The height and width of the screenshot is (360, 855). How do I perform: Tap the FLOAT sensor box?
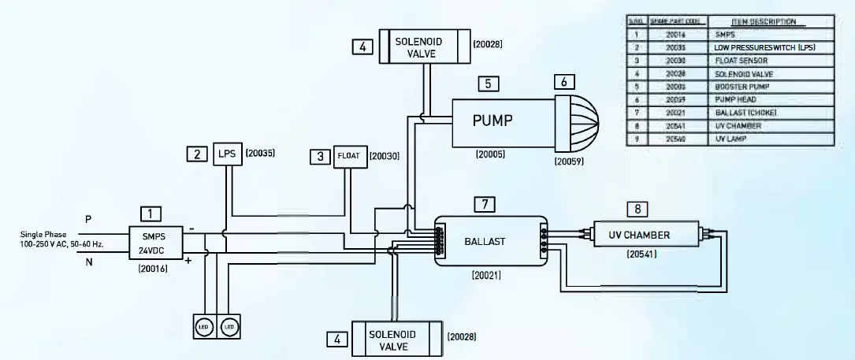349,156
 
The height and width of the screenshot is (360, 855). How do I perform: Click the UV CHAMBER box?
639,235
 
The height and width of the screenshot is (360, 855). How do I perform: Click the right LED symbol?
229,326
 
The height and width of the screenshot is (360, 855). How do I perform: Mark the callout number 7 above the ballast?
485,204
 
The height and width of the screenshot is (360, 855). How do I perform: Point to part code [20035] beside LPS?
260,154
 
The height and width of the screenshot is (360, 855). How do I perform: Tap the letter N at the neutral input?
87,263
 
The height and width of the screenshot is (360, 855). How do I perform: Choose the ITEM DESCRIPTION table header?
759,22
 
